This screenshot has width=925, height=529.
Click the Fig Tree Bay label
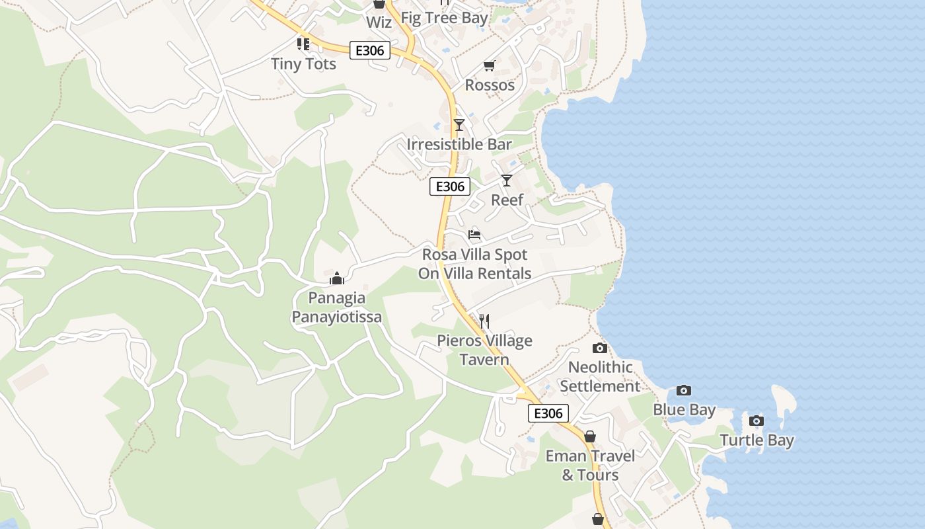point(444,18)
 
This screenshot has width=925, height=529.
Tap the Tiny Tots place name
point(304,64)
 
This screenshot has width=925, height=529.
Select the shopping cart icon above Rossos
point(489,65)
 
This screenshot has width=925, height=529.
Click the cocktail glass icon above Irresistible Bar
point(459,124)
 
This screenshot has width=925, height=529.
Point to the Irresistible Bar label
point(459,144)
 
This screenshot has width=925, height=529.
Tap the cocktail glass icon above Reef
point(507,180)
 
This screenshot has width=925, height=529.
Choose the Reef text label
point(507,200)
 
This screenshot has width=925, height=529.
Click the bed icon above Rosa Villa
point(474,235)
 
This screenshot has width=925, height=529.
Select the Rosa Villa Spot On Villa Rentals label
point(474,264)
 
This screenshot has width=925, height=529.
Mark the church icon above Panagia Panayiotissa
point(337,278)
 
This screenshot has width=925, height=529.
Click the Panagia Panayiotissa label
point(337,307)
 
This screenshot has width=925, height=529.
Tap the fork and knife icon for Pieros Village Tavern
point(484,321)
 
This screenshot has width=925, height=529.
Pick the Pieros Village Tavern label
point(484,350)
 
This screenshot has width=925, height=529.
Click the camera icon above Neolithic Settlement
point(600,348)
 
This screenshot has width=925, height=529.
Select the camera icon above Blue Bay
point(684,390)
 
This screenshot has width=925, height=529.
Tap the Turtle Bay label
point(757,440)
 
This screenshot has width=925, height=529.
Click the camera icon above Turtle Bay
point(757,421)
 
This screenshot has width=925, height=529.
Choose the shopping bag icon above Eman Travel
point(589,436)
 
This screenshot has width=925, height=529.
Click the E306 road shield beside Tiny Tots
point(370,50)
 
